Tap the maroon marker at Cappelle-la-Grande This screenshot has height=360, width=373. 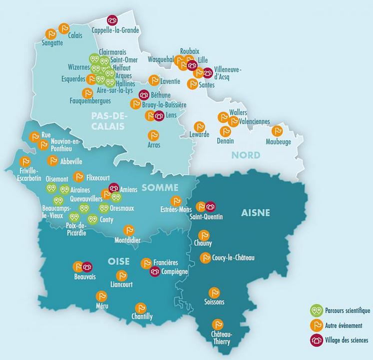(x=112, y=20)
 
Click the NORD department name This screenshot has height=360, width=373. (x=245, y=155)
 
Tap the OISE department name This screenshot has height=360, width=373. (x=119, y=260)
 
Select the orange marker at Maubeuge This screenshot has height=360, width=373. (x=278, y=131)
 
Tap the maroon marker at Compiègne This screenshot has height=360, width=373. (x=155, y=272)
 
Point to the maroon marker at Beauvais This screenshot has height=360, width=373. (x=87, y=267)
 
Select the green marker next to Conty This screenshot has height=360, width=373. (x=92, y=219)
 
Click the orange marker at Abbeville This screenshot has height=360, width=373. (x=52, y=161)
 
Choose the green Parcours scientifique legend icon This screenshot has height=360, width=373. (x=315, y=311)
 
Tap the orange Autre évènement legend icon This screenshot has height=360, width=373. (x=315, y=326)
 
